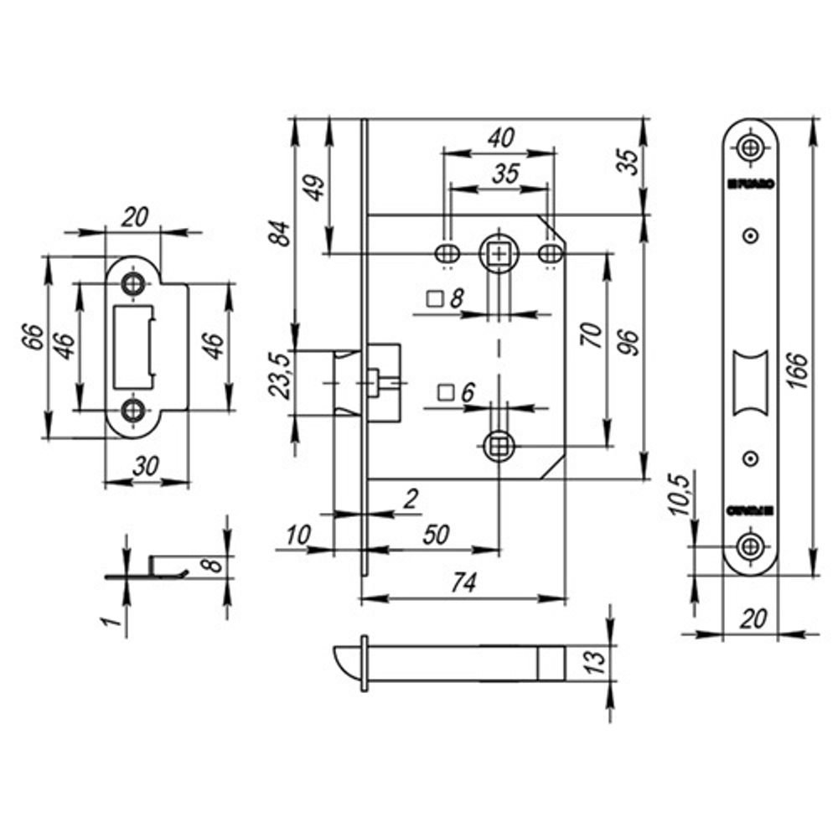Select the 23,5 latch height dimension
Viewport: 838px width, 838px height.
[x=282, y=376]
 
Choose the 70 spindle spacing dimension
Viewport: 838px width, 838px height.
[x=592, y=337]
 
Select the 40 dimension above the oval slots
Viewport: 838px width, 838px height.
[x=500, y=138]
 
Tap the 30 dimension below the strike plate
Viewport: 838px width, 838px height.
[x=147, y=468]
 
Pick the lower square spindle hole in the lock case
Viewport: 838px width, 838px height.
[x=499, y=445]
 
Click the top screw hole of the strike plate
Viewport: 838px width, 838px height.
[x=132, y=284]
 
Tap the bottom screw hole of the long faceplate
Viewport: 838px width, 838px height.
[x=750, y=547]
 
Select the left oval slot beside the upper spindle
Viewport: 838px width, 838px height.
[x=447, y=252]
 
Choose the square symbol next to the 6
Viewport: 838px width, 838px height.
[x=447, y=392]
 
